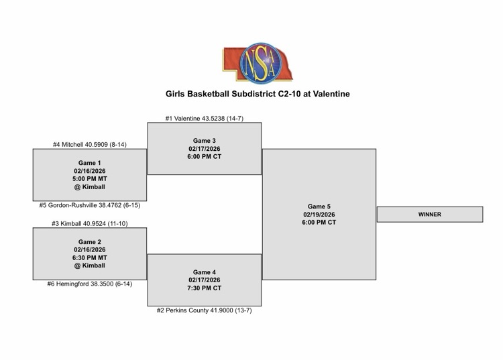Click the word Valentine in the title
(x=327, y=95)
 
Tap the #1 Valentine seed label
(x=204, y=119)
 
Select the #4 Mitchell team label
(x=89, y=145)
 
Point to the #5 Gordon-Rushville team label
(x=89, y=206)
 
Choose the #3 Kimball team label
(x=89, y=224)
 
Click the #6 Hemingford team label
(x=89, y=284)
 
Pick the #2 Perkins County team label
(x=204, y=311)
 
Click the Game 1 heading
(x=90, y=163)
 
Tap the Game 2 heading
(x=90, y=242)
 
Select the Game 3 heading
(x=204, y=141)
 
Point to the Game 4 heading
(x=204, y=272)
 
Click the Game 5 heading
(x=319, y=206)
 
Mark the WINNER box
(x=429, y=215)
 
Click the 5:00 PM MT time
(x=90, y=179)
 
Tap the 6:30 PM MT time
(x=90, y=258)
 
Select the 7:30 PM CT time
(x=204, y=288)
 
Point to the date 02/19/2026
(x=319, y=215)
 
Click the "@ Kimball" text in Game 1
(x=90, y=187)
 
